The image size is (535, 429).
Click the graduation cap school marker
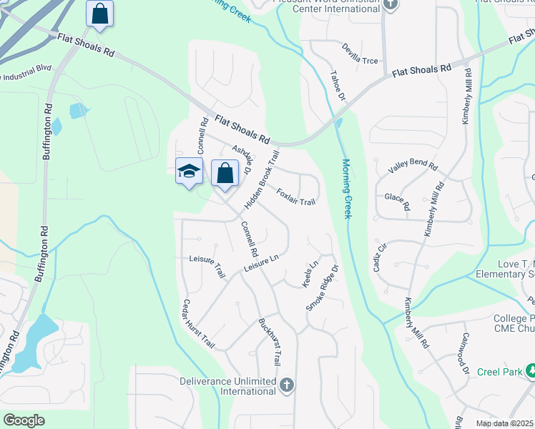[189, 172]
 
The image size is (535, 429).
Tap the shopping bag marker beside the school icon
[225, 173]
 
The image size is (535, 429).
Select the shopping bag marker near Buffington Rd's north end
[100, 14]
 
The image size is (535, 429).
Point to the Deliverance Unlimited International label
[228, 386]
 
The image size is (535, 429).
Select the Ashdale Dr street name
[242, 161]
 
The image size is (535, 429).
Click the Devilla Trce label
[360, 61]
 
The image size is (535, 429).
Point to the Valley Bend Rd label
[413, 167]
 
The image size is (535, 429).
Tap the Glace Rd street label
[397, 202]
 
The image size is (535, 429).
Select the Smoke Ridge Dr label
[321, 288]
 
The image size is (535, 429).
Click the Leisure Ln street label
[260, 263]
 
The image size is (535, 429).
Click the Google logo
[24, 420]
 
